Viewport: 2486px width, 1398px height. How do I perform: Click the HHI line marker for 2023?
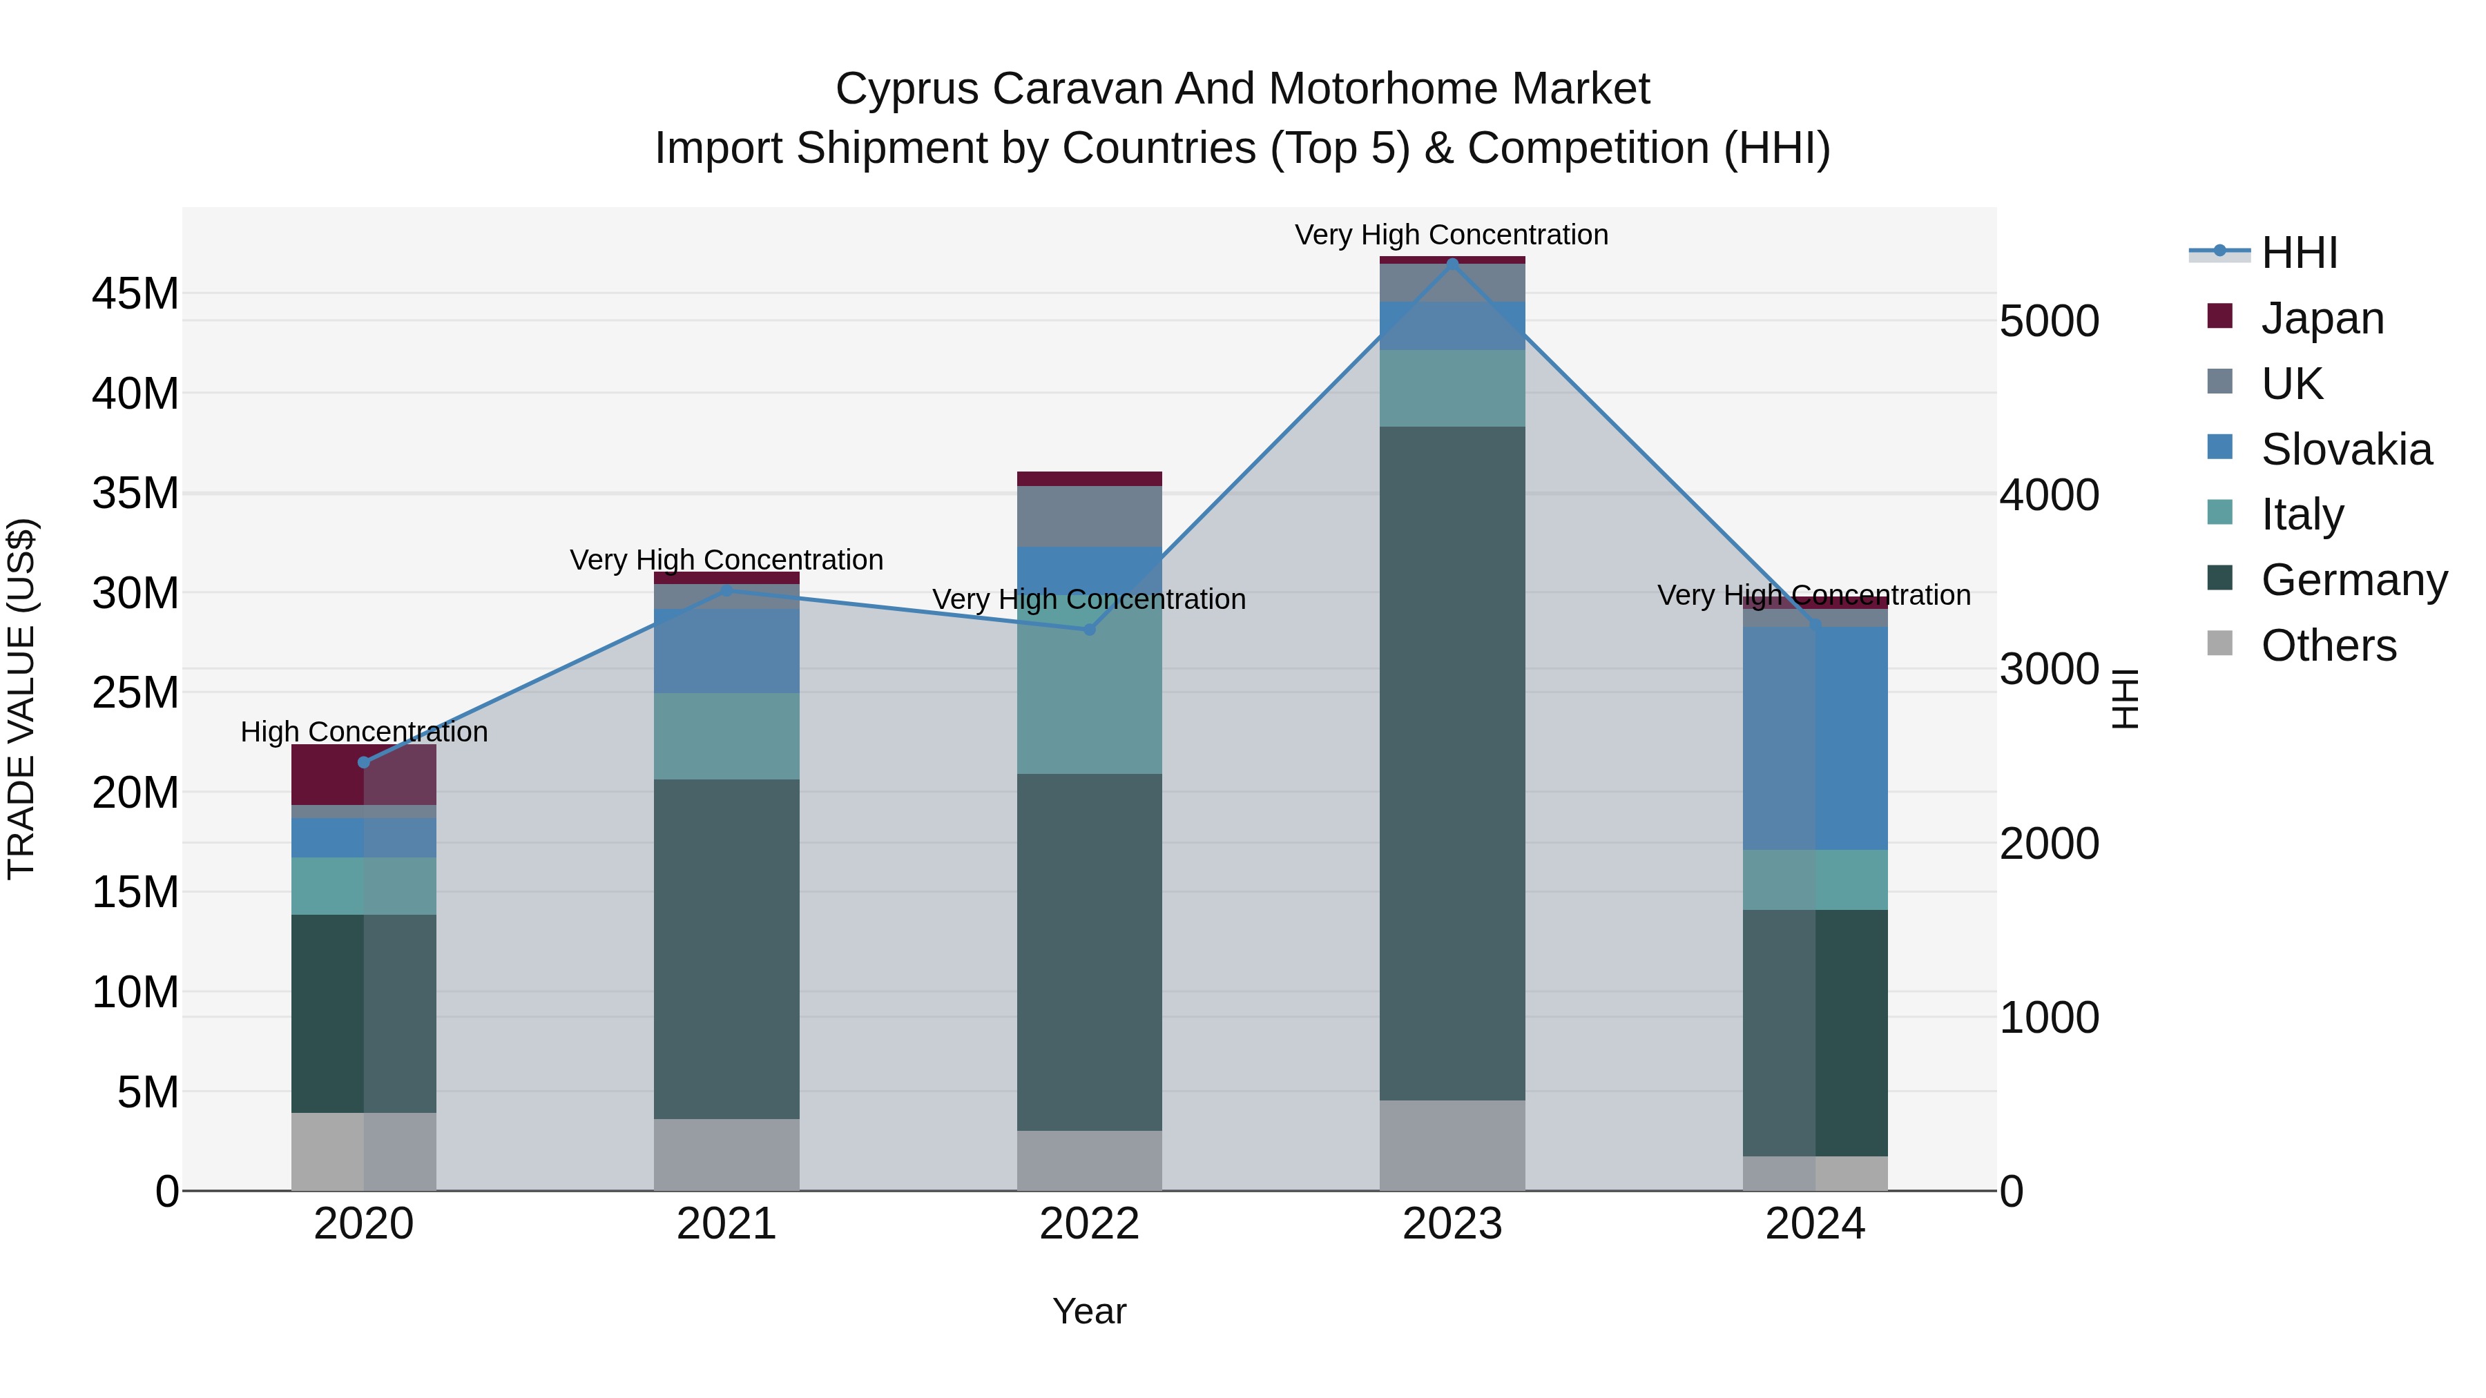[1452, 264]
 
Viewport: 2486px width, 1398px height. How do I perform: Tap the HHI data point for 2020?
[364, 762]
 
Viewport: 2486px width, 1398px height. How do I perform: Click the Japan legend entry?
[2322, 318]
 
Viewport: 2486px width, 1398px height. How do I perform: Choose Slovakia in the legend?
[2346, 449]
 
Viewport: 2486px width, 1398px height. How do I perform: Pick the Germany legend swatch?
[2219, 579]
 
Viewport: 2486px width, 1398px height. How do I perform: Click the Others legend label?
[2329, 645]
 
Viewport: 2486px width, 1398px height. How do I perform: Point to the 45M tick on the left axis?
[135, 293]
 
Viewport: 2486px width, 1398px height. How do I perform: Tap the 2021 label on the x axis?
[726, 1224]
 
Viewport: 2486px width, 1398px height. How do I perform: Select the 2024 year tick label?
[1815, 1224]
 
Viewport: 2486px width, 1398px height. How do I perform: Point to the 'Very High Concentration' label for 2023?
[1452, 235]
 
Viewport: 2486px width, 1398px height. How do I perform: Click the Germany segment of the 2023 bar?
[1452, 762]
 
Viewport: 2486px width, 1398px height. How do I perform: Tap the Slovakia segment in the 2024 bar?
[1815, 738]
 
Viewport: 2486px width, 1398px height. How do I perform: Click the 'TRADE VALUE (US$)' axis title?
[21, 699]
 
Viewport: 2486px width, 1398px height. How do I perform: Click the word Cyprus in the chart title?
[907, 89]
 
